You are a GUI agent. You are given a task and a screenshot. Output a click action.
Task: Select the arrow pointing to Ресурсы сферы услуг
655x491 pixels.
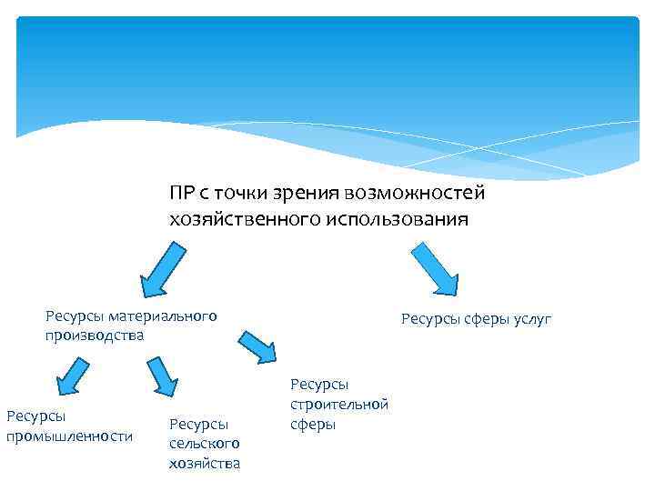[436, 267]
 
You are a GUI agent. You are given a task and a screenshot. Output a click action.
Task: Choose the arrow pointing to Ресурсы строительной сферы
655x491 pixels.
[257, 346]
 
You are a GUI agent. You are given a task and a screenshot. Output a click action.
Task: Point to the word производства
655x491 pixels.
[95, 335]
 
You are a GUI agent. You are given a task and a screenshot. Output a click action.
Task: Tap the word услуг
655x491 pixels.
[532, 319]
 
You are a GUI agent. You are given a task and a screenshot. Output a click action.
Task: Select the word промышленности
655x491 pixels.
[70, 436]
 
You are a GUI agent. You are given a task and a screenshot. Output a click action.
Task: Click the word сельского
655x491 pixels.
[204, 443]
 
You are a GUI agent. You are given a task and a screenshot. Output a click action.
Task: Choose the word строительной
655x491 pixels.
[339, 405]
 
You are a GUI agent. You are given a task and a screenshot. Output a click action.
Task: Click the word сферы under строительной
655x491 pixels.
[313, 424]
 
